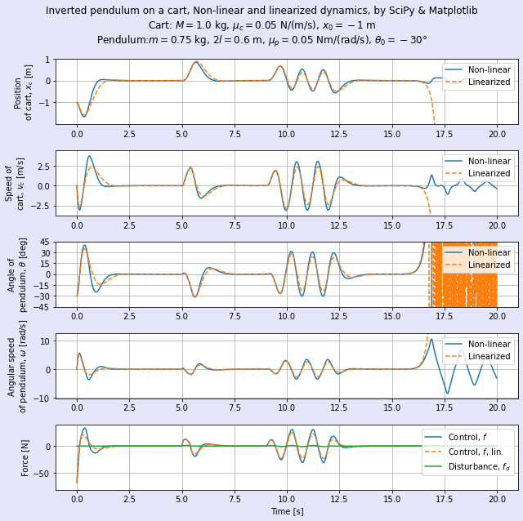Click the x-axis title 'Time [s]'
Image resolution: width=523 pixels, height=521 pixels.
pyautogui.click(x=287, y=511)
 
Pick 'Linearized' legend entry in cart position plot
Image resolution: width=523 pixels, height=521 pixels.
pyautogui.click(x=489, y=82)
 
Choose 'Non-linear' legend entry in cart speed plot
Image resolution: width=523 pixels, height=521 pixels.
pyautogui.click(x=489, y=161)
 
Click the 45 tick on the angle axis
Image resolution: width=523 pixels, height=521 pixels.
pyautogui.click(x=46, y=242)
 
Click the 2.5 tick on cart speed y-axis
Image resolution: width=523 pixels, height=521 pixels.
pyautogui.click(x=43, y=166)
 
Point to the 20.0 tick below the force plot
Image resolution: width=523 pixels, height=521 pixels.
pyautogui.click(x=497, y=499)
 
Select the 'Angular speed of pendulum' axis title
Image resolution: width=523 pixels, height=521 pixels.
pyautogui.click(x=18, y=366)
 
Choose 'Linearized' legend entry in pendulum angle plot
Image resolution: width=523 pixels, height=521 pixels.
pyautogui.click(x=489, y=265)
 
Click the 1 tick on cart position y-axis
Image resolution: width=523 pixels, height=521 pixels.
pyautogui.click(x=47, y=60)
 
